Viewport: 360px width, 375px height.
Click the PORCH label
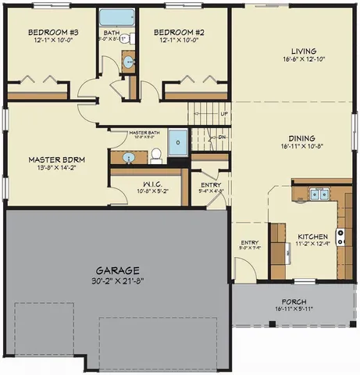(294, 302)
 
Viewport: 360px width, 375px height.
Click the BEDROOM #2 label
(184, 32)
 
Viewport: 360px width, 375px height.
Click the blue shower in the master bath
(179, 143)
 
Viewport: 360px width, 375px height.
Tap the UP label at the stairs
(224, 114)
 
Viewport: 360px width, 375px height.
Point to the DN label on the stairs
(221, 137)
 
